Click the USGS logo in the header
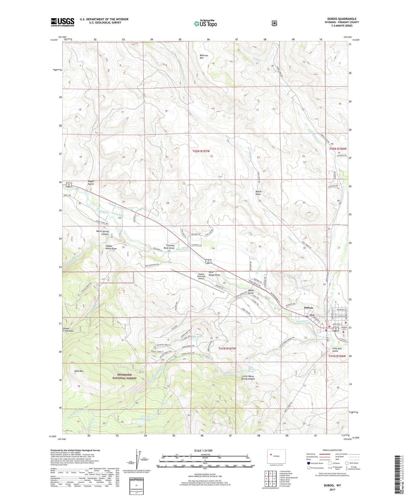pos(62,22)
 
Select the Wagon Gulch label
pos(91,183)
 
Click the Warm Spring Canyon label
pos(102,233)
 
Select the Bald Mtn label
pos(79,371)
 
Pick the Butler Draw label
pos(258,193)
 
